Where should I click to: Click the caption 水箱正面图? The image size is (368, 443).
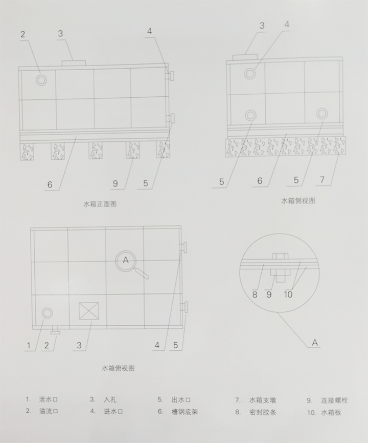100,204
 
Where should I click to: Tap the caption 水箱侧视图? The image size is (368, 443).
298,201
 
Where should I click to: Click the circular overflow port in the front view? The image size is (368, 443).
41,80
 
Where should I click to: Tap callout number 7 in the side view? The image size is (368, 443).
322,180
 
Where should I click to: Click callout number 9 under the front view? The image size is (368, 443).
116,183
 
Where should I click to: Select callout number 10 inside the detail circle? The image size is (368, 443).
288,294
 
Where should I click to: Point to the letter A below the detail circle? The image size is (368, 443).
315,343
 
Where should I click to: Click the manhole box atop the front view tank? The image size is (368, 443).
74,62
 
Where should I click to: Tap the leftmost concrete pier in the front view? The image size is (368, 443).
27,151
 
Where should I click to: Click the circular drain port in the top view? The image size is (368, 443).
48,313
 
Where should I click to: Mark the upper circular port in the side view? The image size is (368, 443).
250,74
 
